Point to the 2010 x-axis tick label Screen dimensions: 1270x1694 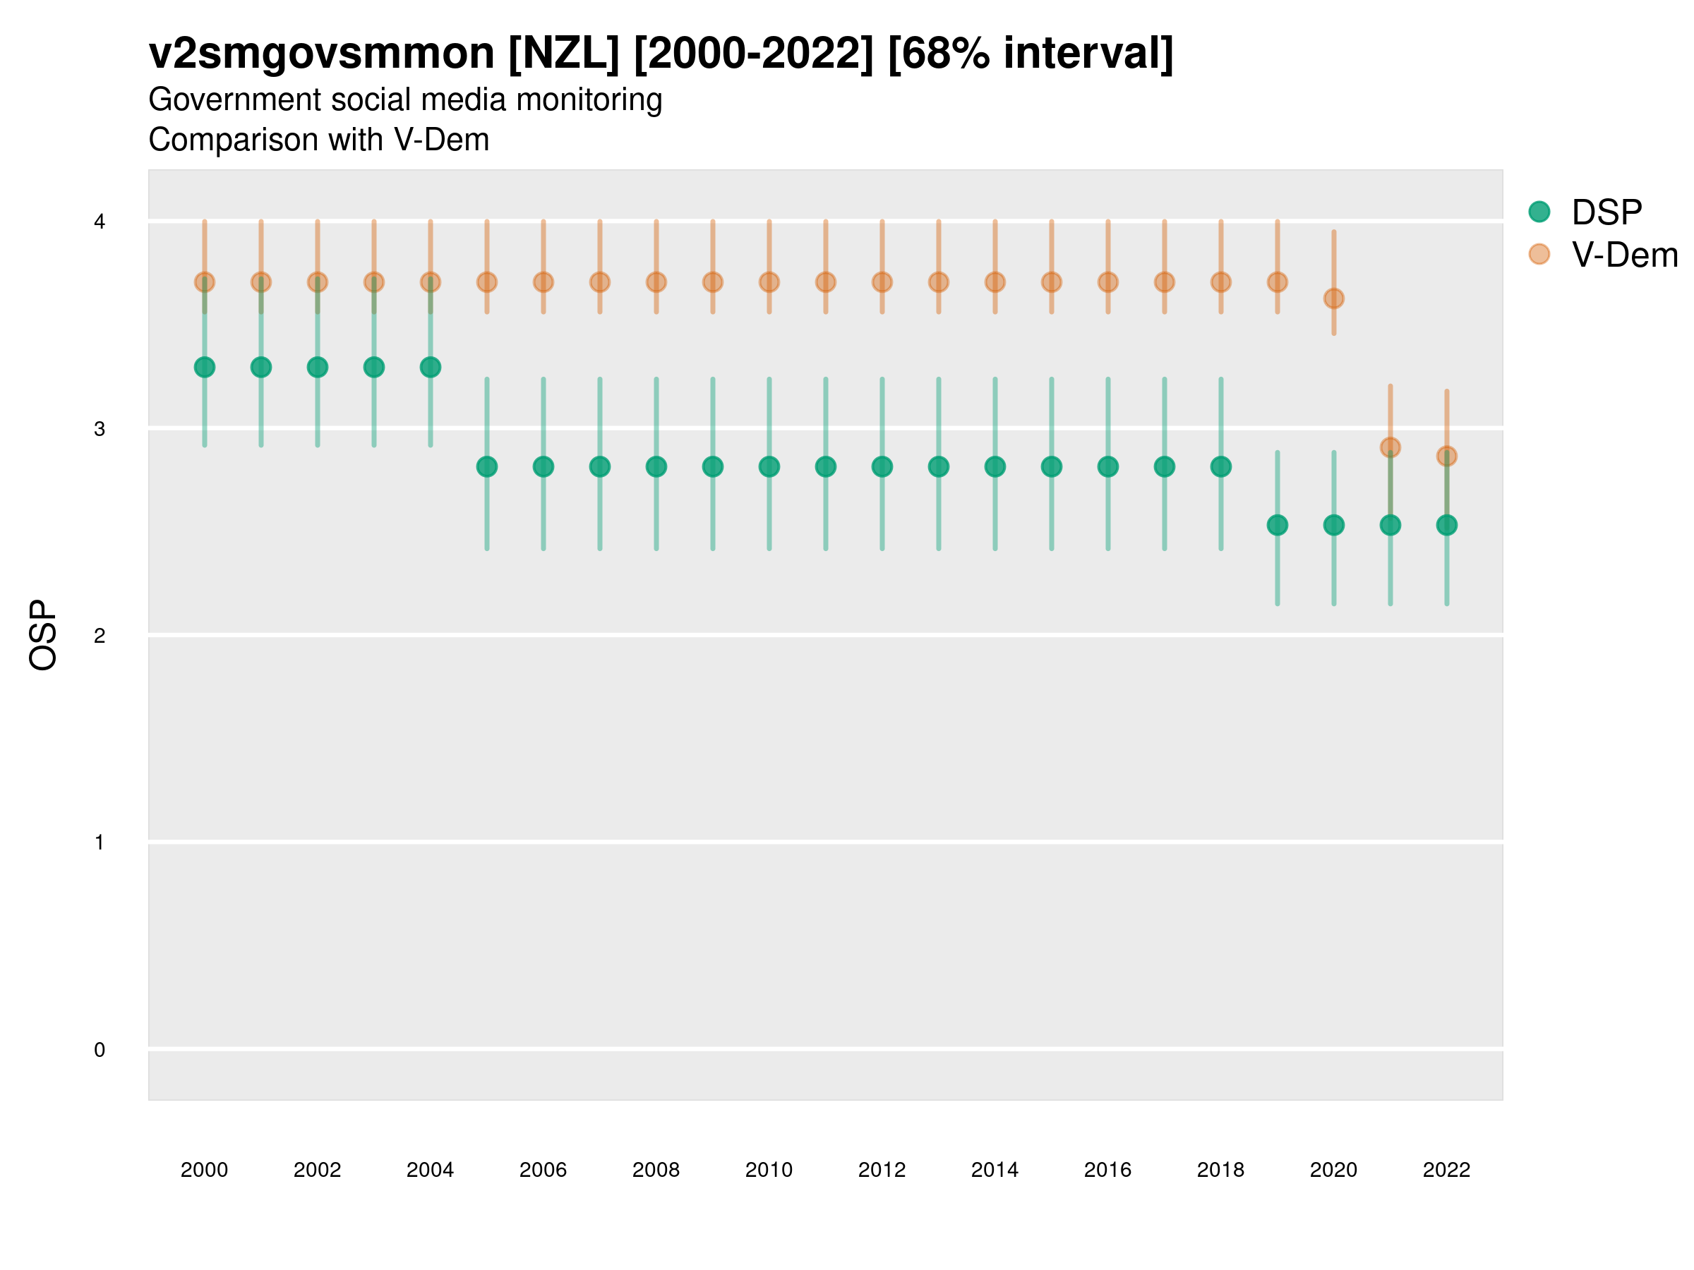pyautogui.click(x=769, y=1170)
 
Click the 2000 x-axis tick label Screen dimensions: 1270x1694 pyautogui.click(x=205, y=1170)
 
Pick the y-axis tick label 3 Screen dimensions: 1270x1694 pyautogui.click(x=100, y=429)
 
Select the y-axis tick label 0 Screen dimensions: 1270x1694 pyautogui.click(x=100, y=1050)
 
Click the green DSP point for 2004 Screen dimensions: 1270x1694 pyautogui.click(x=431, y=368)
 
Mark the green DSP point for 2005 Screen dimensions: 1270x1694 pyautogui.click(x=487, y=466)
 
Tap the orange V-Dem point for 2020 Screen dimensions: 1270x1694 pyautogui.click(x=1333, y=298)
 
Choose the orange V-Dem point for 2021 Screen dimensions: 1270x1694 pyautogui.click(x=1390, y=447)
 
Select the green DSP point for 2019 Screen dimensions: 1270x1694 pyautogui.click(x=1278, y=525)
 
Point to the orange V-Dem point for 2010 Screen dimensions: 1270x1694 pyautogui.click(x=769, y=282)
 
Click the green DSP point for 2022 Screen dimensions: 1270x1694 pyautogui.click(x=1447, y=525)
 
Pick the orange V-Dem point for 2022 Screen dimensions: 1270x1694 pyautogui.click(x=1447, y=456)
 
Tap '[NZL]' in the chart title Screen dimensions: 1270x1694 pyautogui.click(x=564, y=54)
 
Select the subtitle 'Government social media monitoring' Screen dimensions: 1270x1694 pyautogui.click(x=405, y=99)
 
